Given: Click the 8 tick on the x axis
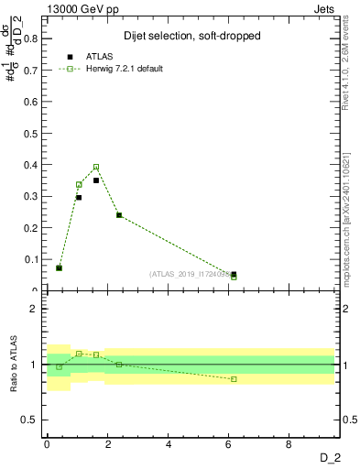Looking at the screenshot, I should [289, 444].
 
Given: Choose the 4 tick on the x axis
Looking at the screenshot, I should [169, 444].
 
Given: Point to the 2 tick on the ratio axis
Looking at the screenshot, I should [35, 309].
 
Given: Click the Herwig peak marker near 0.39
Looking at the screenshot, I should [96, 167].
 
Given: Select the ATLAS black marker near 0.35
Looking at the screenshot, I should [96, 180].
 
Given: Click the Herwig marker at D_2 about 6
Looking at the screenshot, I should [234, 277].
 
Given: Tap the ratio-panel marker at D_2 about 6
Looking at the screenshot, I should [234, 379].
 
